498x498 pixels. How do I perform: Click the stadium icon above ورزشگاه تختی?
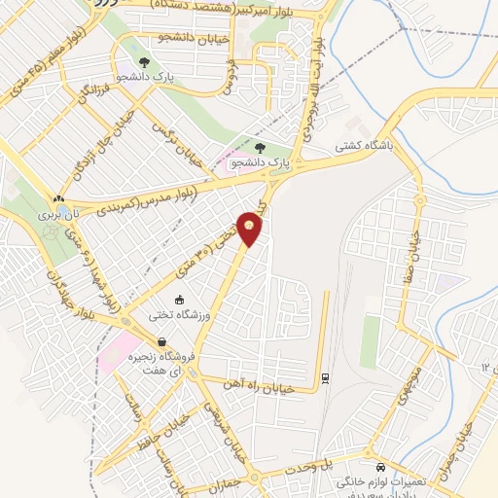pyautogui.click(x=178, y=299)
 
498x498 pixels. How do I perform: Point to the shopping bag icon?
pyautogui.click(x=160, y=342)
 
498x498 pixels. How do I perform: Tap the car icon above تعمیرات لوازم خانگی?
pyautogui.click(x=381, y=465)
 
